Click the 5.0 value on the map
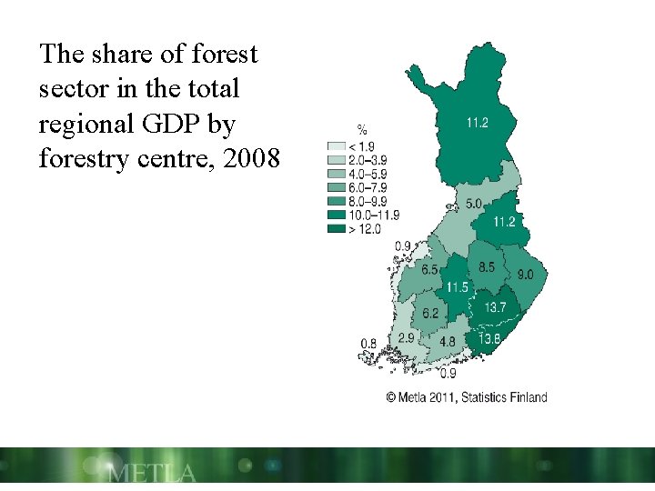(473, 205)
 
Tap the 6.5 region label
(429, 270)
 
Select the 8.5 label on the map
(487, 267)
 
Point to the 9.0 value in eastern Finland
(526, 275)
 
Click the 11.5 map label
(458, 287)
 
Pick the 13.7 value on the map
(495, 308)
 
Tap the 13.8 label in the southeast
(489, 339)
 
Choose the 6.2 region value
(430, 314)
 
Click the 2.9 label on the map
(406, 337)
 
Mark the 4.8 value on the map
(448, 342)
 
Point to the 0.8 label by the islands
(368, 343)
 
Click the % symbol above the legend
(362, 130)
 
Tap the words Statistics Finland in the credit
(506, 396)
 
